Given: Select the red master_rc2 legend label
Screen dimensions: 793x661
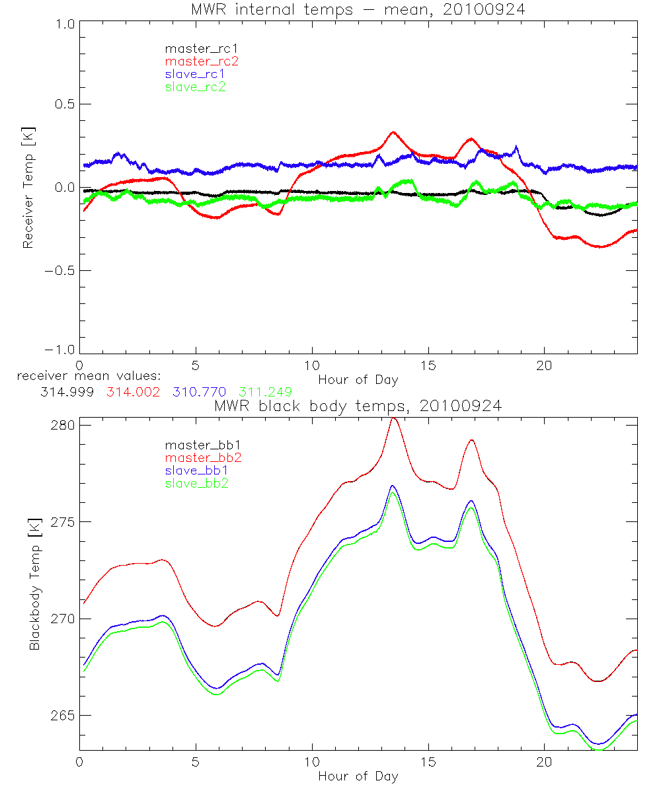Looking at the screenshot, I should click(201, 61).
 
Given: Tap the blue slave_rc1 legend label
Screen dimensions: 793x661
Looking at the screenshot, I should click(195, 74).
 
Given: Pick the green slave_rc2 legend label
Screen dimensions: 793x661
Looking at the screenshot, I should click(195, 87).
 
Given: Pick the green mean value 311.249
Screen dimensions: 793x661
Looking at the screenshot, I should click(265, 392).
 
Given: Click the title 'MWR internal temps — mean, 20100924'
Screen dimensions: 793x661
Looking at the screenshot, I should click(358, 9).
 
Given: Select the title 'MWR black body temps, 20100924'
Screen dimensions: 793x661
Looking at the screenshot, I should click(358, 406).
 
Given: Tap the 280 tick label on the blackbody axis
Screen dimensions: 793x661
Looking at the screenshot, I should click(63, 425).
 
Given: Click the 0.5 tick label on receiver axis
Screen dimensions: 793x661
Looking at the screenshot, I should click(61, 104).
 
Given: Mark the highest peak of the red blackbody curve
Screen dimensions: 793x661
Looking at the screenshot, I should click(393, 418).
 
